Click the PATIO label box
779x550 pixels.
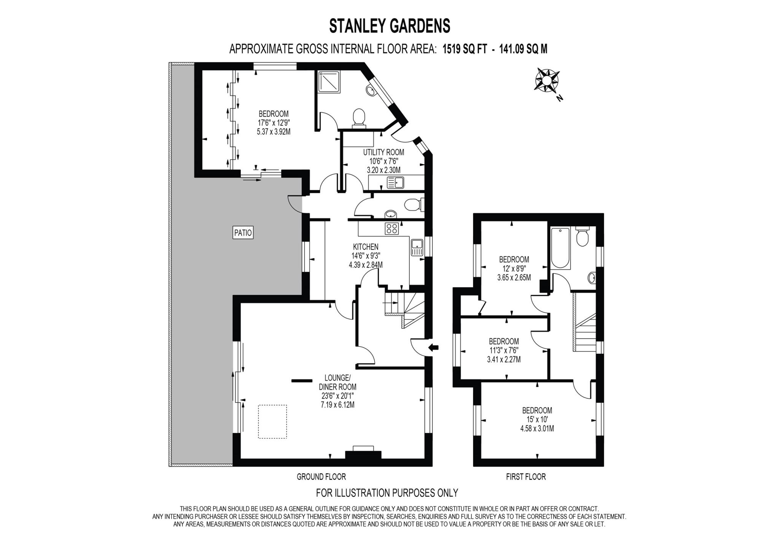(x=243, y=232)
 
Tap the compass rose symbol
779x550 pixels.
(x=546, y=80)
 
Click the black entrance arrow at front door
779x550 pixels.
(x=433, y=347)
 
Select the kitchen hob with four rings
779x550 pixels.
(x=392, y=229)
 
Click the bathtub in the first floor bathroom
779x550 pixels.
(x=560, y=248)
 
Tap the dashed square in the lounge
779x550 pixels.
(x=272, y=422)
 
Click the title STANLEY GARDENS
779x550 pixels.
(x=389, y=26)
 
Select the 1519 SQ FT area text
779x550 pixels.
(x=464, y=49)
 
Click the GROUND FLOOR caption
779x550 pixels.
(x=321, y=477)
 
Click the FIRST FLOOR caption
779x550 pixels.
(x=526, y=477)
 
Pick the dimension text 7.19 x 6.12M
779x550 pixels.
(x=337, y=405)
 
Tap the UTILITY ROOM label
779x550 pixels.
(x=383, y=153)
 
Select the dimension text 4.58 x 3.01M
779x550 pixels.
(x=537, y=429)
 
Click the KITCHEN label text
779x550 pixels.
(x=366, y=247)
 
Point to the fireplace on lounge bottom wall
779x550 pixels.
(x=363, y=454)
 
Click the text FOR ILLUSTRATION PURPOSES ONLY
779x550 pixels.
(x=387, y=493)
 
